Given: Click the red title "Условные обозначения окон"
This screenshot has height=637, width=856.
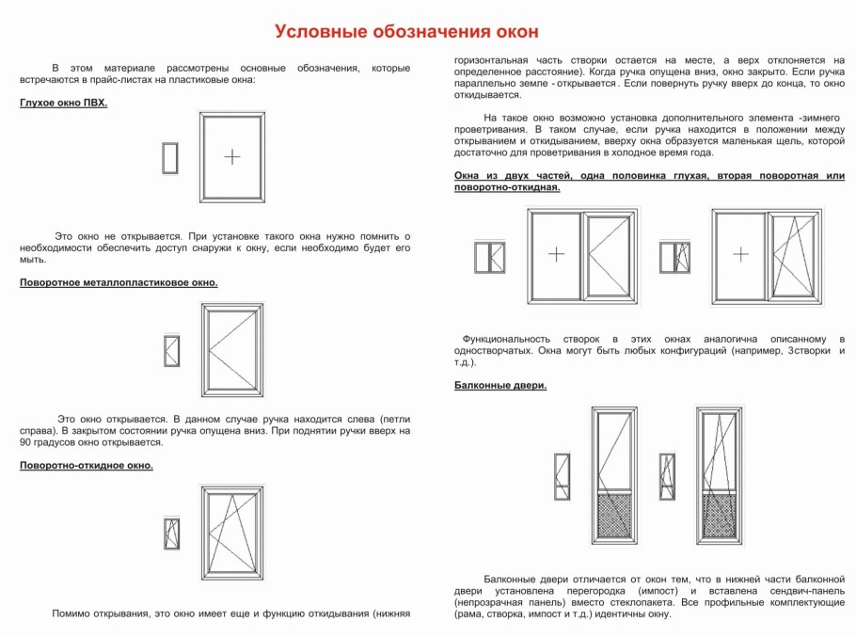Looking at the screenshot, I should coord(406,32).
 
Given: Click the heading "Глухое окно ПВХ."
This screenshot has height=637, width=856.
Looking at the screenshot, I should coord(63,103).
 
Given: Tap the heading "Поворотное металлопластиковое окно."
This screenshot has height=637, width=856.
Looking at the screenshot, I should coord(119,282).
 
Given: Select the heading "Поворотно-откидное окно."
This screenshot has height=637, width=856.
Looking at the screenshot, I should coord(86,465).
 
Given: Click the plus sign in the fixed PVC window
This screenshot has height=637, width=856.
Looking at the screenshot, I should coord(232,156).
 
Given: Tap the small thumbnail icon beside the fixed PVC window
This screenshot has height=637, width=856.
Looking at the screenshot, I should coord(170,158).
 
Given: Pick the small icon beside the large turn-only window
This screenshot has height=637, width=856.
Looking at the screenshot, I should coord(171,350).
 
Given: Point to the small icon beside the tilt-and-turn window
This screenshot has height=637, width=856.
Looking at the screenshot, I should coord(171,533).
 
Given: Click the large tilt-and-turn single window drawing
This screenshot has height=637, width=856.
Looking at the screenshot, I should coord(232,533).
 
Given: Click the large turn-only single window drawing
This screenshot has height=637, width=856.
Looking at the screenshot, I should coord(232,350).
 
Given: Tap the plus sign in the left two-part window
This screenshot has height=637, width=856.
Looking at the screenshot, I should coord(557,254).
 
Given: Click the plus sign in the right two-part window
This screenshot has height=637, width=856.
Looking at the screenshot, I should coord(741,254).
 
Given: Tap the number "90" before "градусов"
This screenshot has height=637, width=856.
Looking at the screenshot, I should coord(26,442).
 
